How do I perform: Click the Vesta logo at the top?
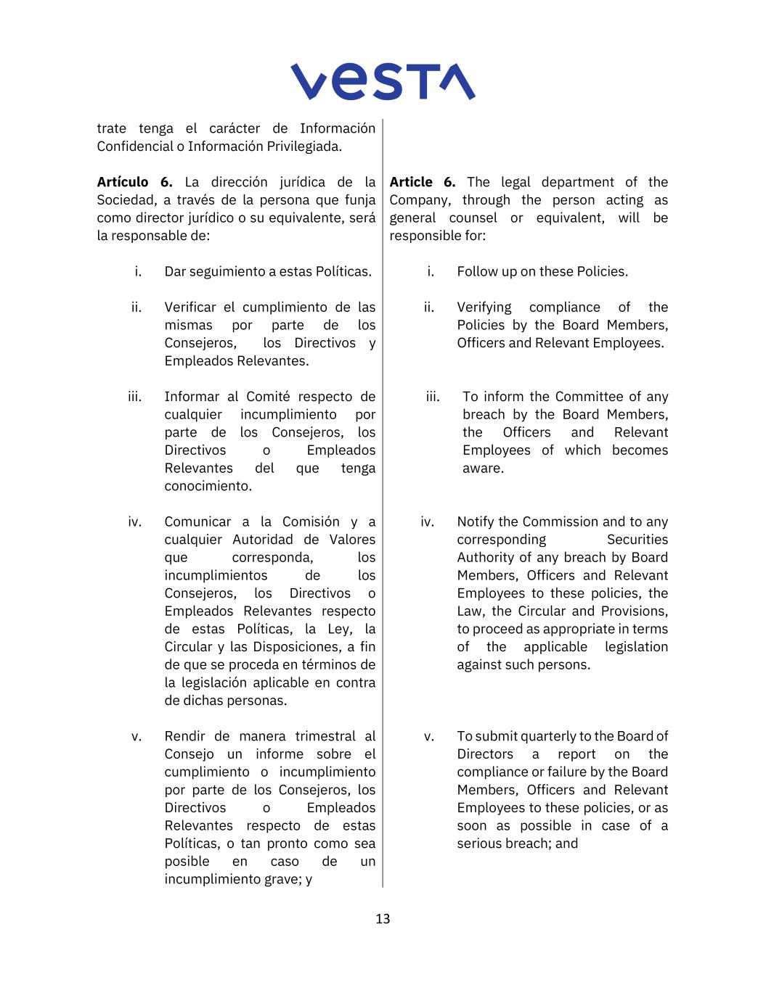383,81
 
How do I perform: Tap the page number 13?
383,919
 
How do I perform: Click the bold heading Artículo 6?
134,182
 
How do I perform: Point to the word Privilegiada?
303,147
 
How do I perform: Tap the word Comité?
268,397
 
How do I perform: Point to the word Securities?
637,540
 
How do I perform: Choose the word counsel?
473,218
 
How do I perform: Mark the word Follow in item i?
476,272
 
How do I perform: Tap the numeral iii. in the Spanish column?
134,397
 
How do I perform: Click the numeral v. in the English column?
429,737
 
